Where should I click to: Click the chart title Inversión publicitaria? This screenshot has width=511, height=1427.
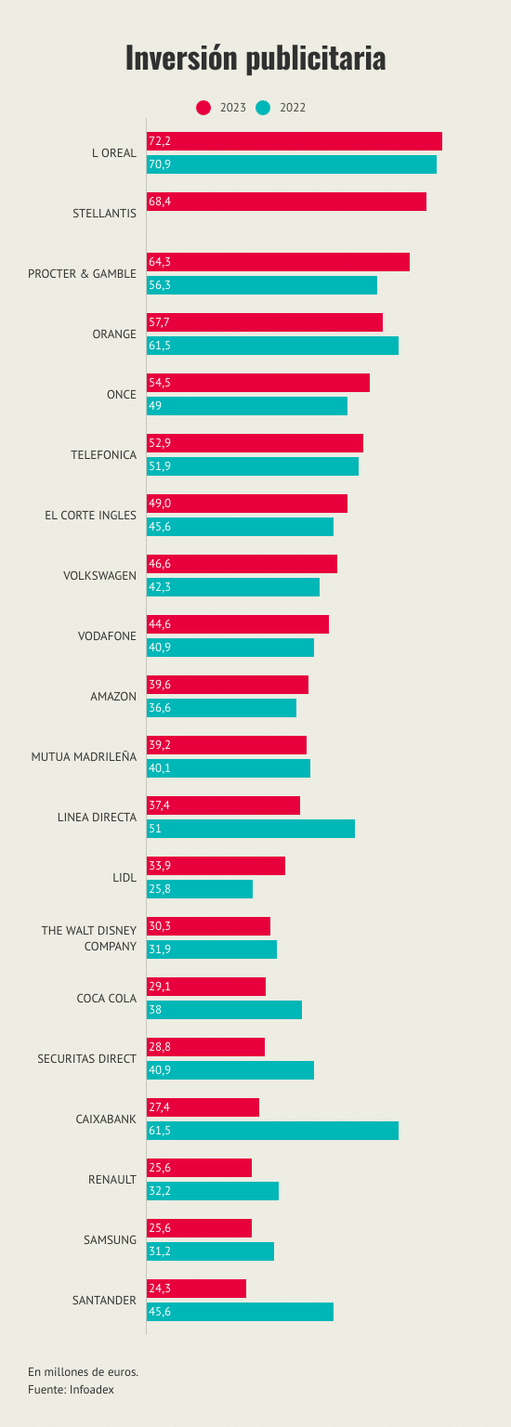(255, 58)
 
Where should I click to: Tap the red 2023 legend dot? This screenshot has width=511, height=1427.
(203, 108)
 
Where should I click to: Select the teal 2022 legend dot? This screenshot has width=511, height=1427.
(263, 108)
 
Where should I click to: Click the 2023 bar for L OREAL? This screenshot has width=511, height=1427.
(295, 141)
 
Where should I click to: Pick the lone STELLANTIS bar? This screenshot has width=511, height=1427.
(287, 202)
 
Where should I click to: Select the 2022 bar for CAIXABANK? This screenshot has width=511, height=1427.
(273, 1131)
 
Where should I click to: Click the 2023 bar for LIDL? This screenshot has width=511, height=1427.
(216, 866)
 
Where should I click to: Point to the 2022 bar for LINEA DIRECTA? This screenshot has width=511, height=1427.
(251, 829)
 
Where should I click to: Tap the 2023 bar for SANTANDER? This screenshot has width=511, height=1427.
(196, 1289)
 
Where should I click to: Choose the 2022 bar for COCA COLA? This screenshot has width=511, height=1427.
(224, 1010)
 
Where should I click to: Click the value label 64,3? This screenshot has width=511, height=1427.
(160, 262)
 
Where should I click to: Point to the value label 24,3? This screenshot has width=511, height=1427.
(160, 1289)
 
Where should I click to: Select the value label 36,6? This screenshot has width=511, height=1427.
(160, 708)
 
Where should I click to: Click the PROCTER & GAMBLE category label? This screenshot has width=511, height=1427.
(82, 274)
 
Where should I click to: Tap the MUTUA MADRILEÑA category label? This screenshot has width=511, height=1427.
(85, 757)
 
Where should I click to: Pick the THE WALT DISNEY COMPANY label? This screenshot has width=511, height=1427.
(89, 938)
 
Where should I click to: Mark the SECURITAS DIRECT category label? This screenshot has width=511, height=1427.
(87, 1059)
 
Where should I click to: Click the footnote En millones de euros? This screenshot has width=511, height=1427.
(83, 1371)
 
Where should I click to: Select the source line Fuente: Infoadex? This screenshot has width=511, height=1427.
(71, 1390)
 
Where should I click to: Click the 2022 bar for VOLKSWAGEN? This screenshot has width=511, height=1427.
(233, 587)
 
